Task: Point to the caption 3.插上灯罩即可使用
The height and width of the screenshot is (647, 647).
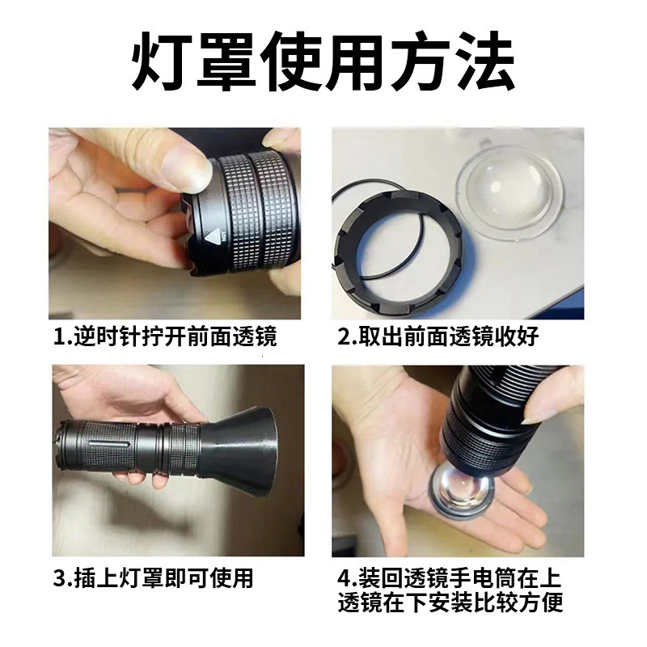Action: click(x=154, y=577)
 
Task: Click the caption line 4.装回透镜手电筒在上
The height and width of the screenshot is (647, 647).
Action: click(x=449, y=578)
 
